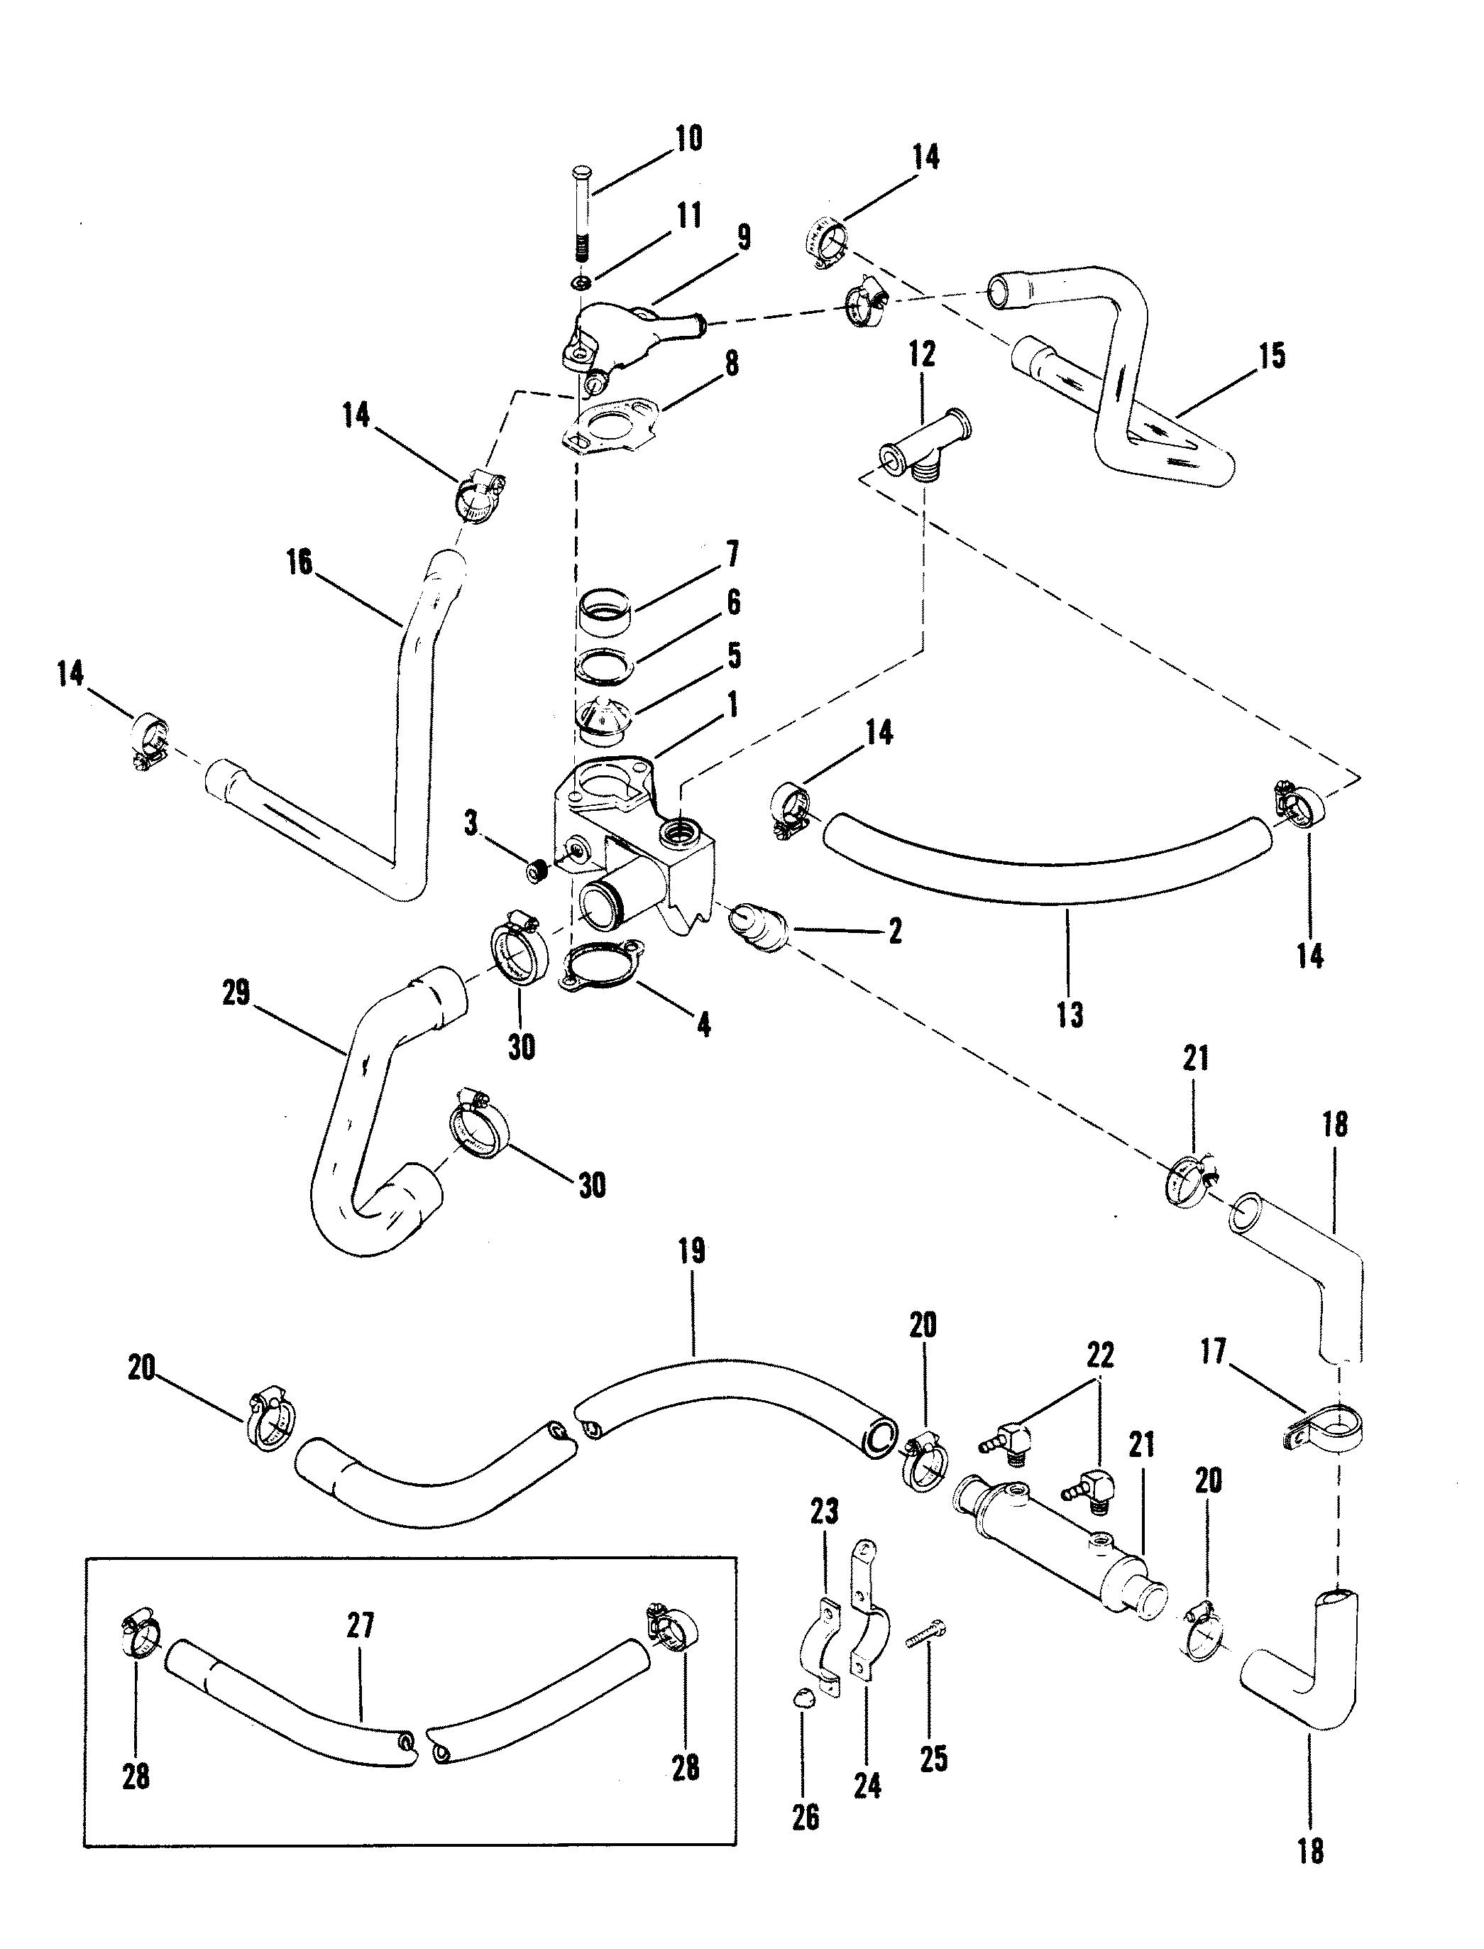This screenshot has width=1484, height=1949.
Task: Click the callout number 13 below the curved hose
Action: [1069, 1016]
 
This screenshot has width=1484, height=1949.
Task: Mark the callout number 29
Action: [238, 994]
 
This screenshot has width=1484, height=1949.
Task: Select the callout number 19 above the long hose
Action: [693, 1252]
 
